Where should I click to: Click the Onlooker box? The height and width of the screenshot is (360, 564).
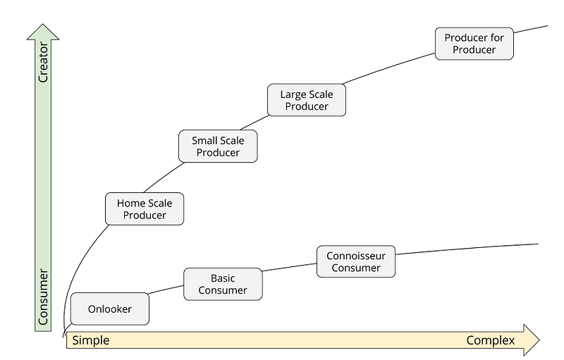click(110, 309)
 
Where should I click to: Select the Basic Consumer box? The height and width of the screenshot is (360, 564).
click(223, 284)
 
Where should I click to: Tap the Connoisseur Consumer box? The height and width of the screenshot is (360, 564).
click(356, 261)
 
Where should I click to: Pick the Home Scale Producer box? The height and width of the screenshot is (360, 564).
click(145, 209)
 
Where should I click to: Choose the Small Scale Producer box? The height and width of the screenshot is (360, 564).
click(219, 147)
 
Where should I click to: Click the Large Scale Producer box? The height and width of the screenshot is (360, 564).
click(307, 100)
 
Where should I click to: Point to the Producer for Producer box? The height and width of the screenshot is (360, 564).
click(474, 44)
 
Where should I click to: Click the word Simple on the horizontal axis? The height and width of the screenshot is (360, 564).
click(90, 340)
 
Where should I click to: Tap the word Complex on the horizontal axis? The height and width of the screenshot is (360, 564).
click(491, 340)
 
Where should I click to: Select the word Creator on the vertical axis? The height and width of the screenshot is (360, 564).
click(44, 66)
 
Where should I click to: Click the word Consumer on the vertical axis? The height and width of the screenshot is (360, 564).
click(44, 297)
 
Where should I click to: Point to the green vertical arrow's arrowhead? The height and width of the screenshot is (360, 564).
click(44, 32)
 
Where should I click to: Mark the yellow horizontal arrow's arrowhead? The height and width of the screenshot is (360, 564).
click(531, 340)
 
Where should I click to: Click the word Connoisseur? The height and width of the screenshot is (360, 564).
click(356, 255)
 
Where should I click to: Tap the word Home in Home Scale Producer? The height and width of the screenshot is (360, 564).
click(131, 204)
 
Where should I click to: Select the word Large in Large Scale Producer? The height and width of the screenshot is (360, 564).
click(295, 94)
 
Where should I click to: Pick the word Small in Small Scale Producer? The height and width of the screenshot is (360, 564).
click(205, 141)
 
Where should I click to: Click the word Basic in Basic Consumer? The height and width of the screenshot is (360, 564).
click(223, 278)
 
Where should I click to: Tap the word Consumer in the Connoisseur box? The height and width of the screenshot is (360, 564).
click(356, 268)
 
